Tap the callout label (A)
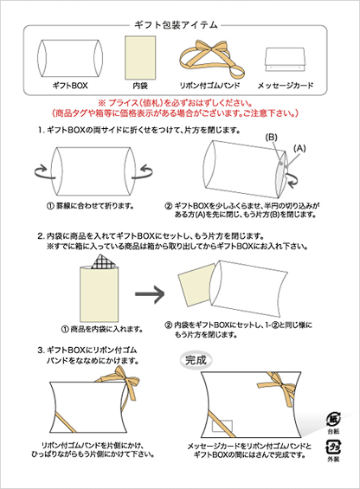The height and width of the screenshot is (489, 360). pyautogui.click(x=300, y=148)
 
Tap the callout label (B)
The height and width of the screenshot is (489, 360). pyautogui.click(x=271, y=138)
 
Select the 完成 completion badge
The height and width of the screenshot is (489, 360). pyautogui.click(x=197, y=358)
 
